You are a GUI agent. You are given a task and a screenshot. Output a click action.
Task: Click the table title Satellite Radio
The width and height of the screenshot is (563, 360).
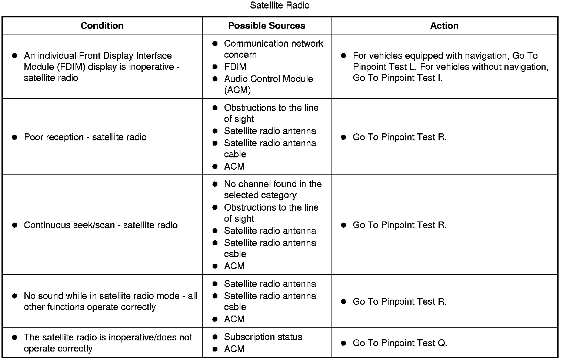pos(280,6)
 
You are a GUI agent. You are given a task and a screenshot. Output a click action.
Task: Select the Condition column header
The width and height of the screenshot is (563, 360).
pos(102,26)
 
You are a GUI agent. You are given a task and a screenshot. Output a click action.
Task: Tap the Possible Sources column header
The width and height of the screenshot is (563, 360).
pos(267,26)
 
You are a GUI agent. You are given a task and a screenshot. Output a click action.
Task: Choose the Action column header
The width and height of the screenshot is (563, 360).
pos(444,26)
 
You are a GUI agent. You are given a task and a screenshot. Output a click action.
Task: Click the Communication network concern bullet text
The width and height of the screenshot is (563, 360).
pos(273,49)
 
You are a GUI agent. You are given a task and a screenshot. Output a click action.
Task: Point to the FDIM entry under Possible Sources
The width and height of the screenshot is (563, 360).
pos(235,67)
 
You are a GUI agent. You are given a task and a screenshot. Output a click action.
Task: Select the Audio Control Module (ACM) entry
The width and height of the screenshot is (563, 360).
pos(268,84)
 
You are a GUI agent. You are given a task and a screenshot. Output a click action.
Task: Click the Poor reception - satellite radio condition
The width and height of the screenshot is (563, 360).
pos(85,137)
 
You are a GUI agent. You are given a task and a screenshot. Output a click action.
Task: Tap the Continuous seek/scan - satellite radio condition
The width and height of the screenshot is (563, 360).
pos(101,225)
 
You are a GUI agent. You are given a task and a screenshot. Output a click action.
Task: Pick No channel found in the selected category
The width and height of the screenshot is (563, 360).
pos(273,189)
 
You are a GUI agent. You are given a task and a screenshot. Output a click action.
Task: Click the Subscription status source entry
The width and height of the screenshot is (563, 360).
pos(263,337)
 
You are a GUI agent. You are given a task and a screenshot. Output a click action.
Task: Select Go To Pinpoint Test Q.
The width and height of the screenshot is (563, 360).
pos(400,343)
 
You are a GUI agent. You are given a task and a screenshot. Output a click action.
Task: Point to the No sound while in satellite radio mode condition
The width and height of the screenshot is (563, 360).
pos(110,301)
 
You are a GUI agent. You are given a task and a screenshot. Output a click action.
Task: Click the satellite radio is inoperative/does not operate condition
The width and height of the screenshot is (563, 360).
pos(108,343)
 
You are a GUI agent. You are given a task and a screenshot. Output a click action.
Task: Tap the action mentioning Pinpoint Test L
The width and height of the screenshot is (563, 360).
pos(450,67)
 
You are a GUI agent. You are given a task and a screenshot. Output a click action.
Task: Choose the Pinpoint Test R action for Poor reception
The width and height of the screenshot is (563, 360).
pos(400,137)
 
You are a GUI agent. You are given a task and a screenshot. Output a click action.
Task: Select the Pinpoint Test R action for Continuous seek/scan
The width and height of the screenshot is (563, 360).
pos(400,225)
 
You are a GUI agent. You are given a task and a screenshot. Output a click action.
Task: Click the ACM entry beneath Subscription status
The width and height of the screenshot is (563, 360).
pos(234,349)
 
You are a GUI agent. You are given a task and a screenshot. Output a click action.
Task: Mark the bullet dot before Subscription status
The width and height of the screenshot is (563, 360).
pos(215,337)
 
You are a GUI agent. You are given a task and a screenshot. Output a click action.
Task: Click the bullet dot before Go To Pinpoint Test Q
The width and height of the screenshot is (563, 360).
pos(343,343)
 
